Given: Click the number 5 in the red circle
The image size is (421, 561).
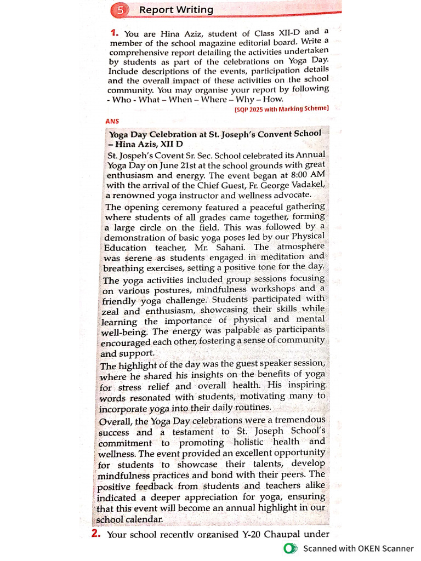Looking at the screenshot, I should click(x=120, y=10).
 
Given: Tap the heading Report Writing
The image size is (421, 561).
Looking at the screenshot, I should click(x=176, y=10).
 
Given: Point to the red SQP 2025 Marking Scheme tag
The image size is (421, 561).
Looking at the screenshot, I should click(x=281, y=108).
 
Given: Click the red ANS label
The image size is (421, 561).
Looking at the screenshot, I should click(x=112, y=121).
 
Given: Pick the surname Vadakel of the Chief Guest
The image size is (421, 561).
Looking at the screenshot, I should click(x=305, y=184).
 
